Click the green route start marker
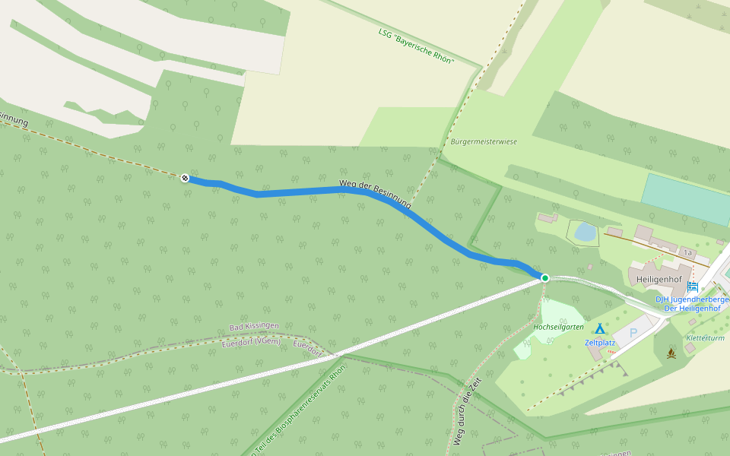click(545, 278)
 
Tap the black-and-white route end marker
click(185, 178)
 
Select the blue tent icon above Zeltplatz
click(599, 329)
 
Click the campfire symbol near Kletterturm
click(671, 353)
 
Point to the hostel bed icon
click(692, 287)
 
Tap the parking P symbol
click(633, 333)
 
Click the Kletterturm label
click(705, 337)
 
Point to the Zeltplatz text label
click(599, 343)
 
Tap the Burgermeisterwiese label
click(484, 141)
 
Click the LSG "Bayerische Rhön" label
click(416, 46)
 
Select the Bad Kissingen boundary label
click(252, 328)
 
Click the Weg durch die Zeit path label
click(468, 411)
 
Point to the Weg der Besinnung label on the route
click(375, 195)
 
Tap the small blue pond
click(585, 231)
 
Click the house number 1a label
click(687, 252)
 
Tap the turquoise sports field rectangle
click(685, 199)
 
